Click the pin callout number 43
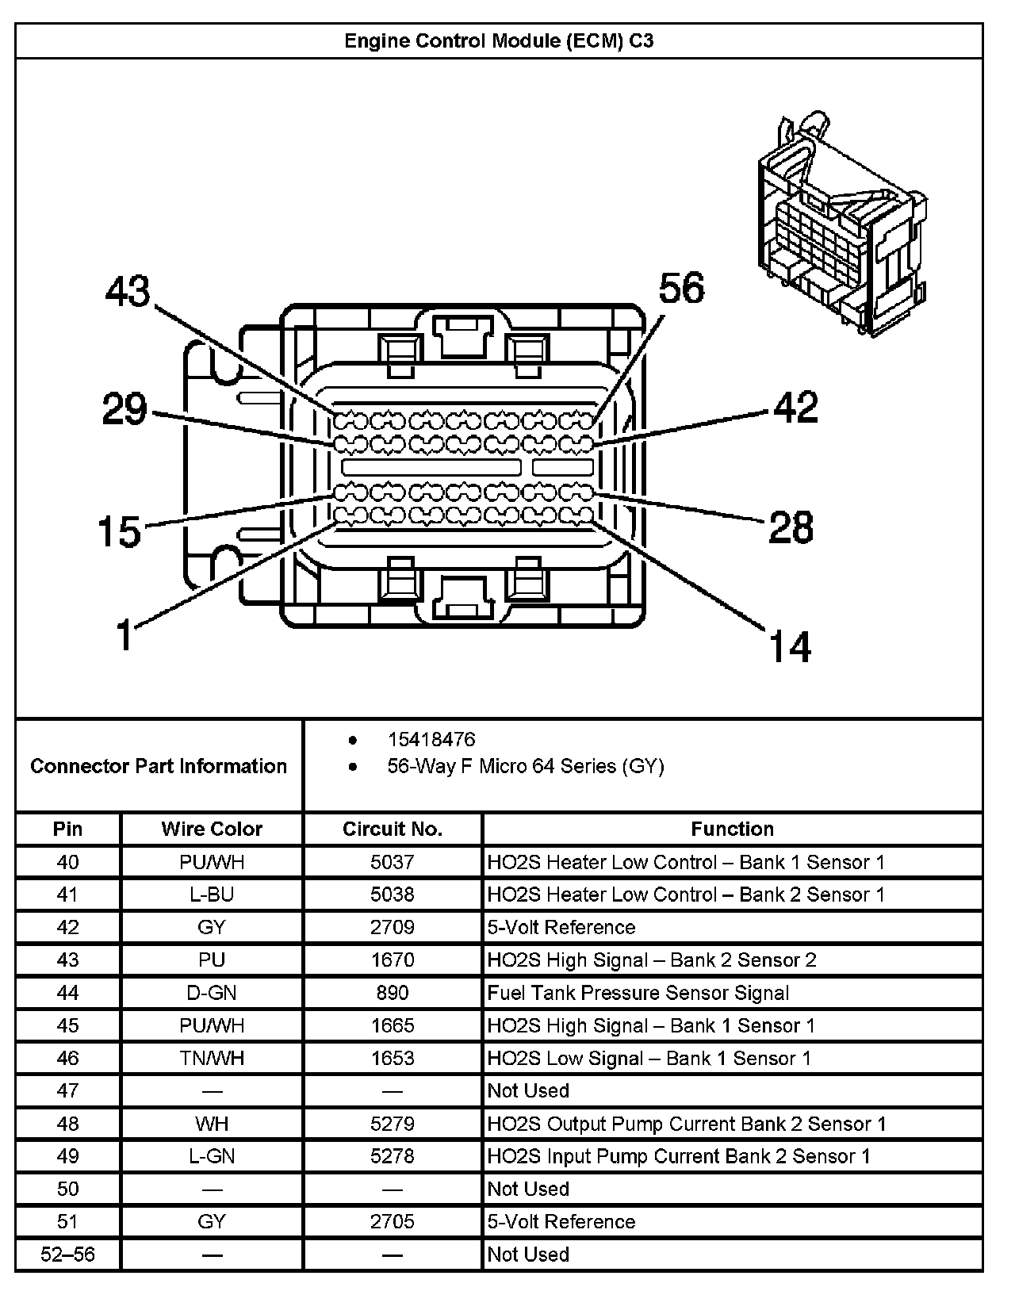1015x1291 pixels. tap(128, 291)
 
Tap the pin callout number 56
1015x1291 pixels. tap(681, 288)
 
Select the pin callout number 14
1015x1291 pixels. tap(790, 646)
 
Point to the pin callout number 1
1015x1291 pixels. tap(124, 635)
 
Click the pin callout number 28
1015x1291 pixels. tap(791, 527)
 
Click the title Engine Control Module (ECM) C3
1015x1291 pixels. tap(499, 41)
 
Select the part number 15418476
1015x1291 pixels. tap(431, 739)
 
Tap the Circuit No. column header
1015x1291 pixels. tap(392, 829)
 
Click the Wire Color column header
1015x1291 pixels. tap(212, 829)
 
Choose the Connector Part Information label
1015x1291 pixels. tap(159, 765)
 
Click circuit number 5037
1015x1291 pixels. tap(392, 861)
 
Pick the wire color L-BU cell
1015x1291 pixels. tap(212, 895)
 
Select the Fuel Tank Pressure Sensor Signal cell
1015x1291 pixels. tap(638, 993)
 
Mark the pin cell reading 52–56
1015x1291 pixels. tap(67, 1255)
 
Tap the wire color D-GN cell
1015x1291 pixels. tap(212, 993)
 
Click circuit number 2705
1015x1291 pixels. tap(392, 1221)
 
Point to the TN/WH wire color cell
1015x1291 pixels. tap(212, 1058)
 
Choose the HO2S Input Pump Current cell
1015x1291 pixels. tap(679, 1156)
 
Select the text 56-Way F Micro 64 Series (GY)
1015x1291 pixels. tap(526, 766)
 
